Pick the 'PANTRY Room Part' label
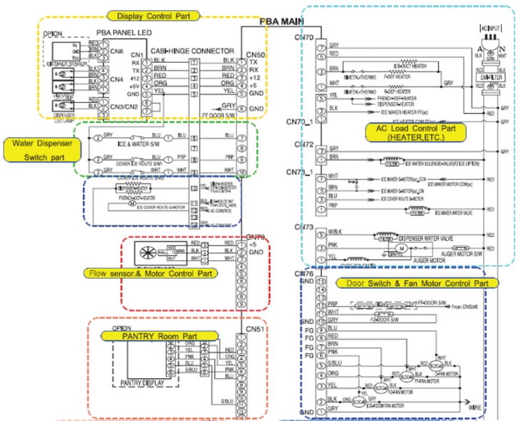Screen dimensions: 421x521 159,335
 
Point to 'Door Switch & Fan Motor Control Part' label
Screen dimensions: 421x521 417,284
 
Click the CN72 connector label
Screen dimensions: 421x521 304,146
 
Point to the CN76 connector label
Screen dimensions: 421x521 304,272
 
